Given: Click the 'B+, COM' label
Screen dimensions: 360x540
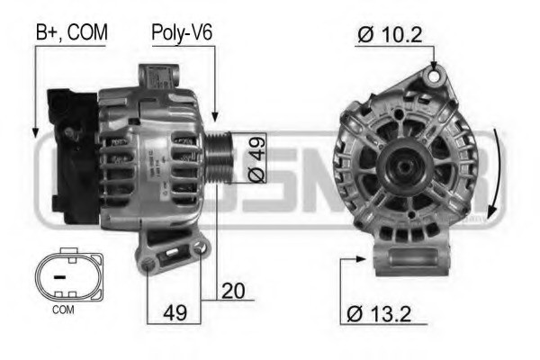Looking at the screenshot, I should point(71,32).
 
